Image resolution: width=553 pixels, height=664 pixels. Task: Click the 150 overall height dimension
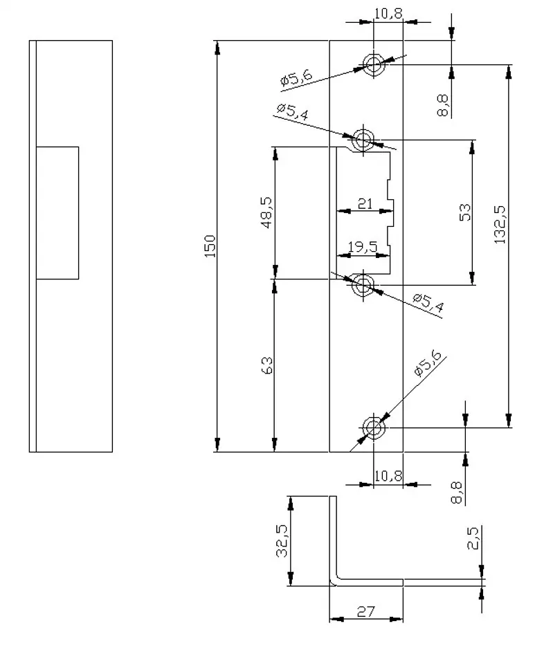(210, 246)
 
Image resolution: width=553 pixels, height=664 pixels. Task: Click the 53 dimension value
(465, 212)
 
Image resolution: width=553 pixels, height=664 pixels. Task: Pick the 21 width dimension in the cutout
(365, 203)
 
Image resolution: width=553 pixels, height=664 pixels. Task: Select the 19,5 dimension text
(363, 247)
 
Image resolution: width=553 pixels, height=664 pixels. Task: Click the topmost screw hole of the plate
(374, 65)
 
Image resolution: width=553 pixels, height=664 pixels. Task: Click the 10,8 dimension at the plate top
(388, 13)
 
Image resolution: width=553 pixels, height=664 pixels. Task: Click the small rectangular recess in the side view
(57, 212)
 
